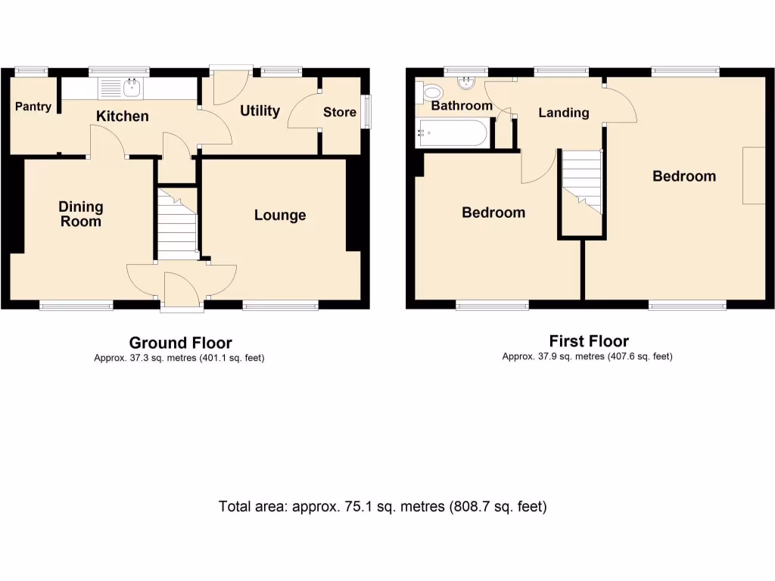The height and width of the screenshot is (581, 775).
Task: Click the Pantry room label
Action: tap(33, 107)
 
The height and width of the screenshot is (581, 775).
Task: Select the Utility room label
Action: tap(260, 110)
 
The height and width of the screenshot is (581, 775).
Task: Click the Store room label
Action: tap(340, 112)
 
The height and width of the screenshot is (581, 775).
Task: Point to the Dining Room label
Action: tap(81, 214)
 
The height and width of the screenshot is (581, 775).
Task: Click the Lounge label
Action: tap(280, 216)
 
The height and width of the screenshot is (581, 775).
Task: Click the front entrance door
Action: tap(182, 291)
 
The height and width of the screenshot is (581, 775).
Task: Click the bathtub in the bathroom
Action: tap(453, 135)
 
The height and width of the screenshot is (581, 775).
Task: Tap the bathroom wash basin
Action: tap(464, 82)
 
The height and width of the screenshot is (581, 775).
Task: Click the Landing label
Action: tap(563, 113)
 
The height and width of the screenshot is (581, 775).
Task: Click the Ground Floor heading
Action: tap(180, 343)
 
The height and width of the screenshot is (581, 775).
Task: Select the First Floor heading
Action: tap(589, 341)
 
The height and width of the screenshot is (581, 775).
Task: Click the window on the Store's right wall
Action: tap(366, 111)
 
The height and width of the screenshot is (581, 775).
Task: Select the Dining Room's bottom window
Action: tap(76, 306)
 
